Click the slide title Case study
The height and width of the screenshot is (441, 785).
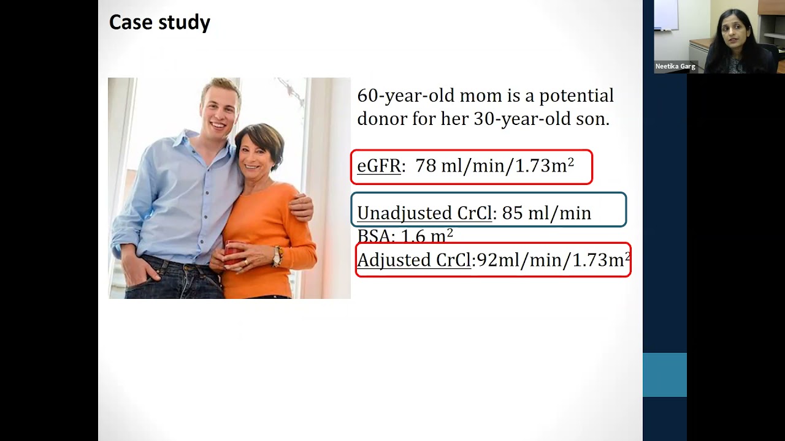pyautogui.click(x=159, y=23)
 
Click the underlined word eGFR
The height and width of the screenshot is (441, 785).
pyautogui.click(x=378, y=166)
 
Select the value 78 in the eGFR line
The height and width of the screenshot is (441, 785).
pyautogui.click(x=425, y=166)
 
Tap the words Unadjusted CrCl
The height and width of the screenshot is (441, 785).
pyautogui.click(x=424, y=213)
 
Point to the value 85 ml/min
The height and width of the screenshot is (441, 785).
pyautogui.click(x=546, y=213)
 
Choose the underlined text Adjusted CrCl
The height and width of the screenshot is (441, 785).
pyautogui.click(x=414, y=260)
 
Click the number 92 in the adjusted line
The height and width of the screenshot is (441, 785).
pyautogui.click(x=486, y=260)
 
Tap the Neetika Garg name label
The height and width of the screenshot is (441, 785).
pyautogui.click(x=675, y=67)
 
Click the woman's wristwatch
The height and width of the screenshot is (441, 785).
pyautogui.click(x=277, y=255)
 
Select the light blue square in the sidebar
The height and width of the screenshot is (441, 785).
pyautogui.click(x=664, y=374)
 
